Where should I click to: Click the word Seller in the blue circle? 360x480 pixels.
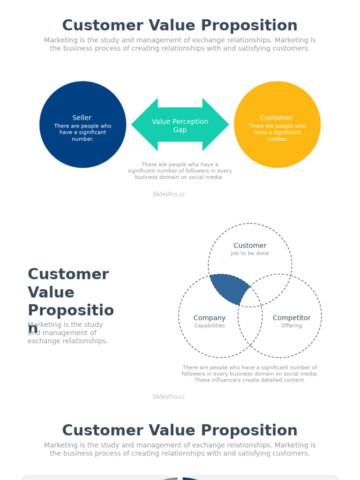tap(82, 118)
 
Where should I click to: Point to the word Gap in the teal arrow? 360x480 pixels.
tap(180, 130)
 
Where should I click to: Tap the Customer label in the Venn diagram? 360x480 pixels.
tap(250, 246)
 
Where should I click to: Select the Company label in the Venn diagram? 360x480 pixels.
tap(210, 318)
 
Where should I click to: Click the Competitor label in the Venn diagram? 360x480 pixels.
tap(292, 318)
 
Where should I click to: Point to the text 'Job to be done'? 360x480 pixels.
tap(250, 254)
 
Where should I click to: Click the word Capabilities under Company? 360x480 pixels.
tap(210, 326)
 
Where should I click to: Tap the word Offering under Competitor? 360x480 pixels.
tap(292, 326)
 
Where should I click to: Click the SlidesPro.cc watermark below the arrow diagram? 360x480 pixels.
tap(169, 194)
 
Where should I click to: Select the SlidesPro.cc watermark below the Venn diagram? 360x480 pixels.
tap(169, 397)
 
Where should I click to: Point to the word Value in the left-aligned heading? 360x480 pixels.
tap(51, 292)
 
